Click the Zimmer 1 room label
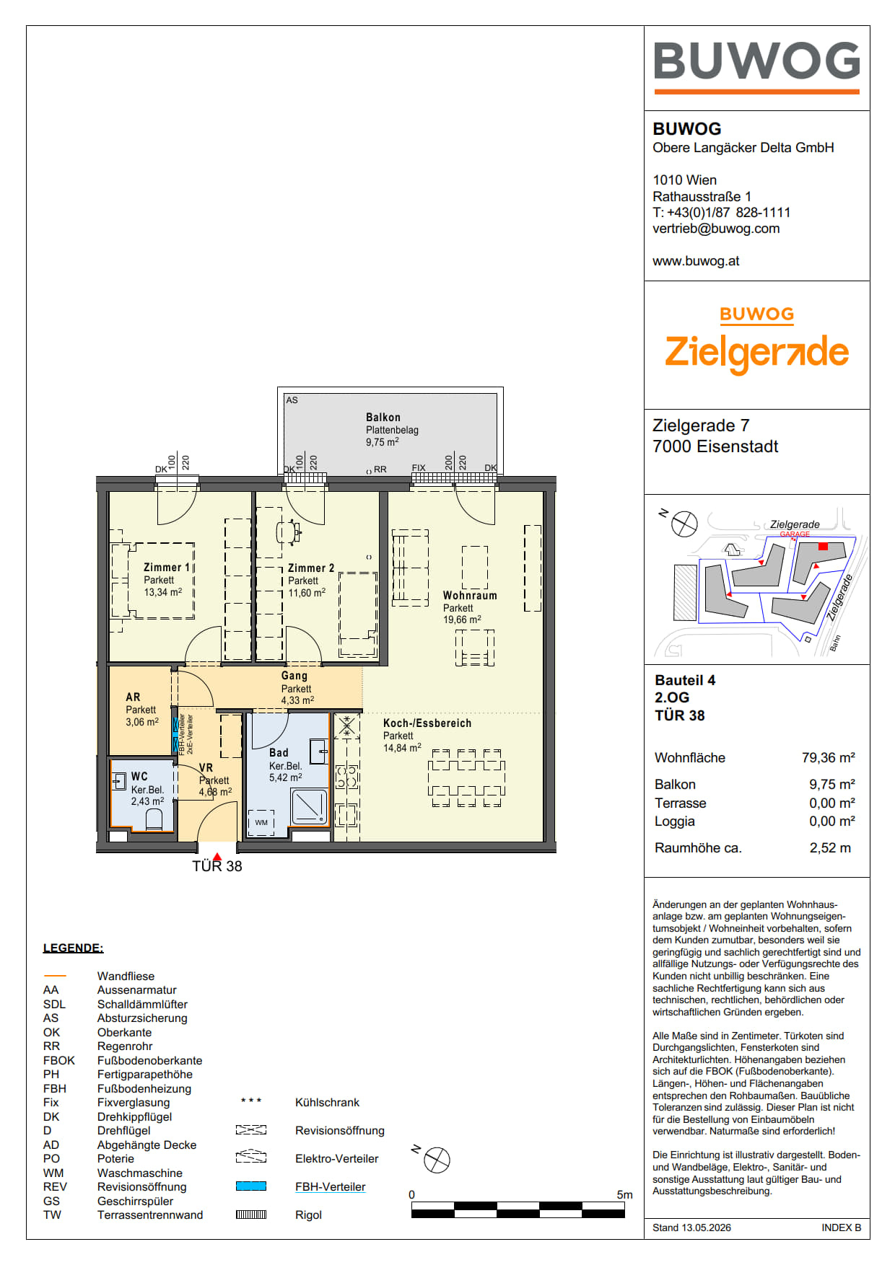(167, 568)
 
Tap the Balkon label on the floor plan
(383, 417)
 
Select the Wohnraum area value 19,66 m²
(462, 620)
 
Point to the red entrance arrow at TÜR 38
(217, 857)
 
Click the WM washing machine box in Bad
(261, 822)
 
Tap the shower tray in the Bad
(309, 807)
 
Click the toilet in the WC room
(154, 819)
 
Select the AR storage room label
(133, 697)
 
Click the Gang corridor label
(294, 676)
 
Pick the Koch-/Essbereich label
(427, 723)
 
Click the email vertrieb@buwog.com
(716, 229)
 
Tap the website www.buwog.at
(696, 261)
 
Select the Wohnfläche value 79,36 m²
(829, 757)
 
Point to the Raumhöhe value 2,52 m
(830, 848)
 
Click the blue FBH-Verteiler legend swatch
(251, 1186)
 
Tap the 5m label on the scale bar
(624, 1195)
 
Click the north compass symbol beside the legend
(437, 1160)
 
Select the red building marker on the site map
(823, 546)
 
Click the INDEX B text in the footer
(841, 1227)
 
